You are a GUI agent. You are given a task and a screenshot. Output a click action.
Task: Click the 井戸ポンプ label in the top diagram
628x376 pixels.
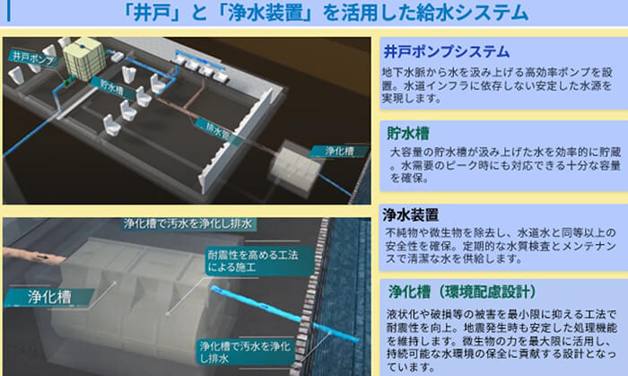tap(28, 57)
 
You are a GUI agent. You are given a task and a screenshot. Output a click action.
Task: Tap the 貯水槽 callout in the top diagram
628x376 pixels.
tap(110, 88)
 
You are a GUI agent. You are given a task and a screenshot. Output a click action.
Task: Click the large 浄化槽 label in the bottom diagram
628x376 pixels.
tap(34, 293)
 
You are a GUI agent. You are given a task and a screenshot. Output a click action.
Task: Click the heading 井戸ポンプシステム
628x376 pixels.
tap(446, 51)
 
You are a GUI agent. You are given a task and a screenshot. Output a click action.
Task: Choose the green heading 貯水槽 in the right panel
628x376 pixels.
tap(409, 132)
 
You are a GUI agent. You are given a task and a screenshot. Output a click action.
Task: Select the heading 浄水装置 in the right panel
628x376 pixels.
tap(410, 214)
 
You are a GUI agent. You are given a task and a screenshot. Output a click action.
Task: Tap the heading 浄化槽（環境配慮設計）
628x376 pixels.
tap(462, 292)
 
